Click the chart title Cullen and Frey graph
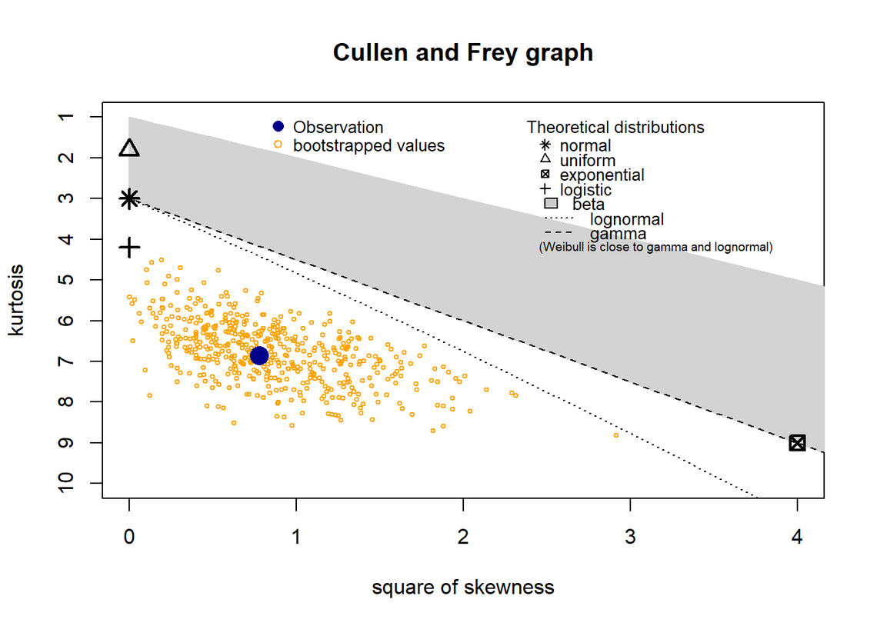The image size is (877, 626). tap(462, 52)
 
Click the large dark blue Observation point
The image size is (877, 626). tap(259, 355)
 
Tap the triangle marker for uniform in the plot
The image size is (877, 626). tap(129, 148)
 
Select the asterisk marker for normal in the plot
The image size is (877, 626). tap(129, 198)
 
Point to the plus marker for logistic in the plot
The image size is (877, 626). tap(129, 247)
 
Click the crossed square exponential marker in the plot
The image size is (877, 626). tap(797, 443)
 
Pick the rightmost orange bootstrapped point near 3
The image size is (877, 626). tap(616, 435)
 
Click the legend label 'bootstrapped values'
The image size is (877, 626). tap(368, 145)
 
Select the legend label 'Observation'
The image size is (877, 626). tap(338, 128)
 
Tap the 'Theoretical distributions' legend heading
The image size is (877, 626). tap(615, 128)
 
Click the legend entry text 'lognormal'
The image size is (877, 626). tap(626, 220)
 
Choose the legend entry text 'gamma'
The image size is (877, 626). tap(618, 234)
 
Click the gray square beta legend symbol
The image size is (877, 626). tap(551, 205)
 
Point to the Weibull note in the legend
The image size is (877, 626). tap(655, 248)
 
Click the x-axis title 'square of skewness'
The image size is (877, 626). tap(462, 588)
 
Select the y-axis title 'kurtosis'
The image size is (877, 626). tap(16, 300)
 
